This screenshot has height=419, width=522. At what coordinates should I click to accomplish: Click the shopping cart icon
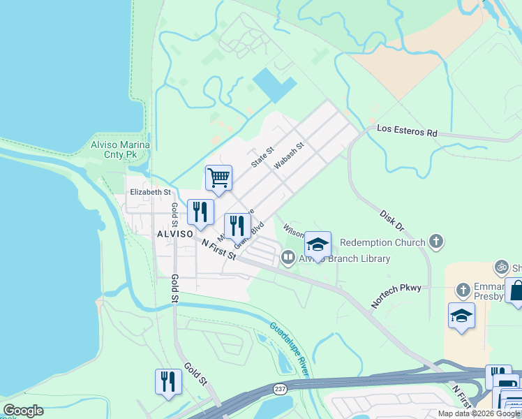click(218, 178)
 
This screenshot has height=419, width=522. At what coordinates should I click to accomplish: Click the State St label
click(264, 156)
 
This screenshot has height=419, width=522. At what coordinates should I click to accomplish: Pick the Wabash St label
click(290, 156)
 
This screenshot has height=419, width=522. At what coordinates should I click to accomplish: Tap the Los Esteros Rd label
click(407, 131)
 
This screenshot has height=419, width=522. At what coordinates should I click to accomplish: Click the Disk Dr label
click(392, 221)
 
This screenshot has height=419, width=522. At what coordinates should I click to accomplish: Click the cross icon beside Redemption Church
click(436, 242)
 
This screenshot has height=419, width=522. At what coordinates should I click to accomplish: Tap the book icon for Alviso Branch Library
click(288, 258)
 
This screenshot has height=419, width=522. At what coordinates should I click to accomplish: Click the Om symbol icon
click(500, 266)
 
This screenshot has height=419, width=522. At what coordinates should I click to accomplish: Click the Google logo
click(24, 411)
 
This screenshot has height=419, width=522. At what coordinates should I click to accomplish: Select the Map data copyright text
click(478, 413)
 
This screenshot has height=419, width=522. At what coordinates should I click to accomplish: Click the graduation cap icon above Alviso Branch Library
click(318, 244)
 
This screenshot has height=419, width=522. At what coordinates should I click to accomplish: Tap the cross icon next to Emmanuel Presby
click(463, 289)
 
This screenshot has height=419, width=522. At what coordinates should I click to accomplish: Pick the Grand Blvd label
click(248, 235)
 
